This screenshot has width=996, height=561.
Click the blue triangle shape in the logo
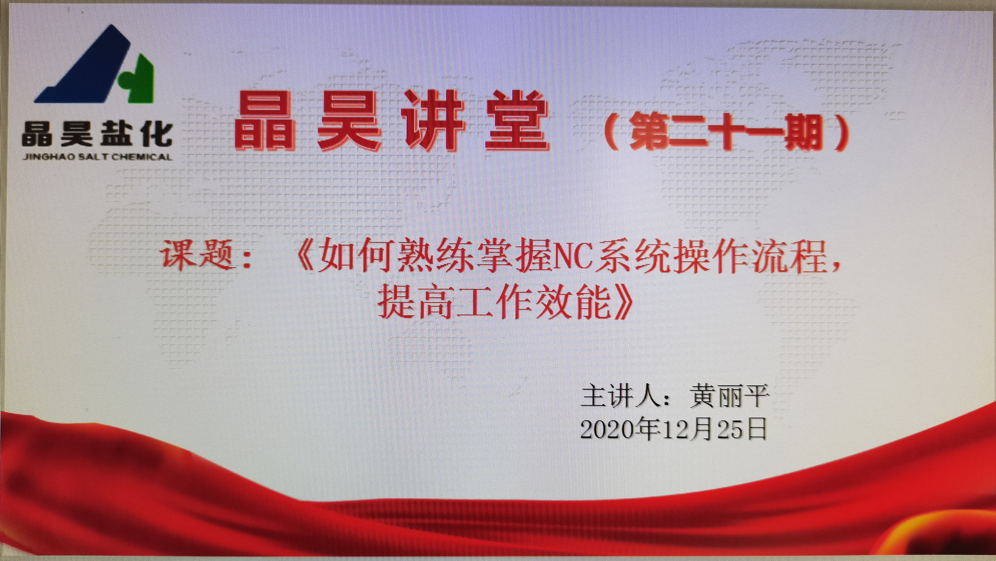tap(87, 70)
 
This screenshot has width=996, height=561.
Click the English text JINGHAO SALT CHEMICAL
tap(98, 157)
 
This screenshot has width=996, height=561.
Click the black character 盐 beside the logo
tap(117, 134)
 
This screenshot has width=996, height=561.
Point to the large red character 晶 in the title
tap(264, 121)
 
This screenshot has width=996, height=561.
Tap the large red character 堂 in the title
tap(517, 120)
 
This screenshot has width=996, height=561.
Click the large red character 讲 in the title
tap(433, 120)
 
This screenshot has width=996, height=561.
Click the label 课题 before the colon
tap(197, 255)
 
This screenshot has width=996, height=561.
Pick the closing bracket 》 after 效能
tap(623, 302)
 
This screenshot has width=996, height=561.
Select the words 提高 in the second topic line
tap(416, 302)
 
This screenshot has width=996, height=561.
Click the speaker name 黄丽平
tap(730, 396)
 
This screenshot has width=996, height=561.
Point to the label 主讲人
tap(622, 396)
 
